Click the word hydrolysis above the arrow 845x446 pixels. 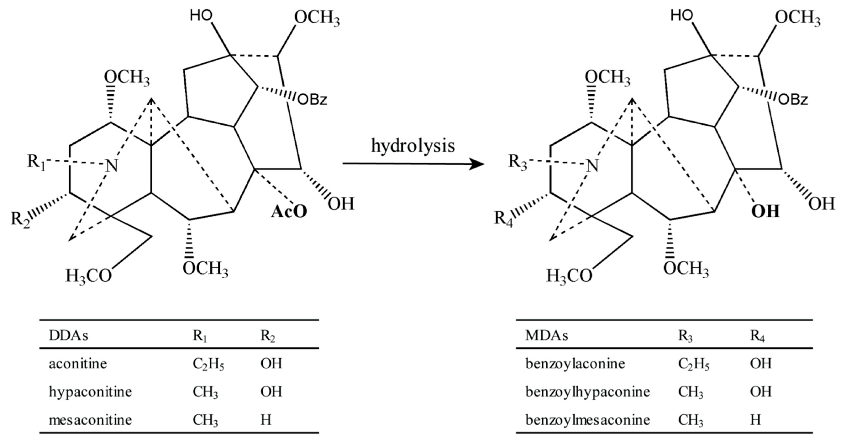[413, 146]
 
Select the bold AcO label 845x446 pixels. [289, 212]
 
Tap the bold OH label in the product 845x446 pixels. [765, 212]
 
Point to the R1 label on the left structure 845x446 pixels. [36, 162]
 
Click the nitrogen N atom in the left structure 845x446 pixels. [111, 166]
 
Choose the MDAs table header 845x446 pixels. [546, 335]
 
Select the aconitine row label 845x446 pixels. [78, 364]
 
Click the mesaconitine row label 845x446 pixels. [90, 420]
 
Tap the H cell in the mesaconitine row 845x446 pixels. [266, 420]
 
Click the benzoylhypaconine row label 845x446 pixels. [587, 392]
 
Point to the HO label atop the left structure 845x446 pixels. [201, 15]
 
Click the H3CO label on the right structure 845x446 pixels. [569, 276]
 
